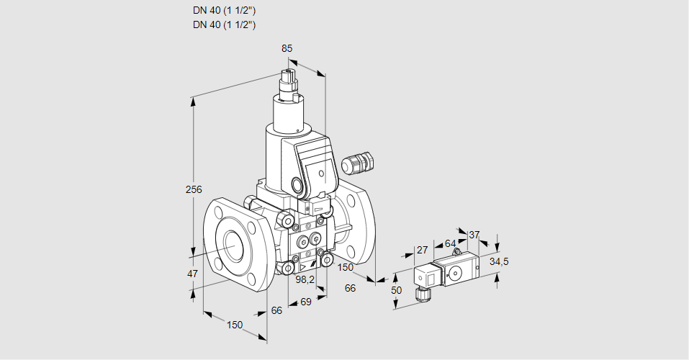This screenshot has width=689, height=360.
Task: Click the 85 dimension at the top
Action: [287, 48]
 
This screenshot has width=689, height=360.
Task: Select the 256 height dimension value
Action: [193, 189]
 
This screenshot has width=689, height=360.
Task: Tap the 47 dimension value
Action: [192, 274]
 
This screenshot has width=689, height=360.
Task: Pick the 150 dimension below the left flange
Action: [235, 325]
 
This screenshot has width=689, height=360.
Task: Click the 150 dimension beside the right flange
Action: [346, 267]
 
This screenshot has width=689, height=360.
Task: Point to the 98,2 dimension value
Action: [306, 279]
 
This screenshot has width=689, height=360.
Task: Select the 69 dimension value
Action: [305, 302]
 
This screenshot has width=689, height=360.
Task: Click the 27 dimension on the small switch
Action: [423, 250]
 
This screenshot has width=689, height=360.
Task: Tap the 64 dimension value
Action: [450, 243]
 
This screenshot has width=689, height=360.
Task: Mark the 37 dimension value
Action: [474, 235]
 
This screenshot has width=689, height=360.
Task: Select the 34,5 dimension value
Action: [498, 261]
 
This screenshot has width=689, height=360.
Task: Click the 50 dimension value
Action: [395, 289]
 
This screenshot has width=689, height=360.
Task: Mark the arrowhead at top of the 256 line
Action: [193, 102]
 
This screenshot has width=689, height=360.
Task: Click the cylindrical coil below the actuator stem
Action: [292, 114]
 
